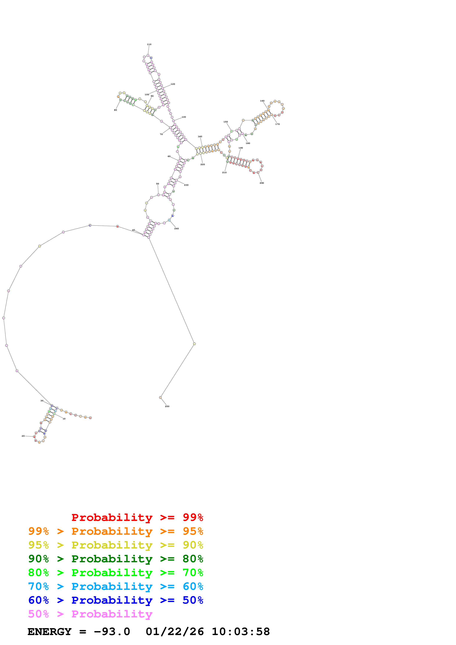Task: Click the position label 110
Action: (149, 44)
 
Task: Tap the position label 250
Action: (167, 407)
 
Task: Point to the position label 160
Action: (262, 101)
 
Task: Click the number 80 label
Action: (116, 110)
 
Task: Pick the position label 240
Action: (176, 229)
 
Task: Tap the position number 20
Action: (23, 436)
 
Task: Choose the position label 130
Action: (184, 117)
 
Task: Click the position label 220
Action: (203, 165)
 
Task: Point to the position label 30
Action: (42, 401)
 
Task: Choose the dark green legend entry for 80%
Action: (116, 559)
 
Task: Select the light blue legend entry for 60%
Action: (116, 586)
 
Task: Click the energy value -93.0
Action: (112, 632)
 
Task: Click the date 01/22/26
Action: (175, 632)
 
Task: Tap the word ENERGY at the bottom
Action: (49, 632)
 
